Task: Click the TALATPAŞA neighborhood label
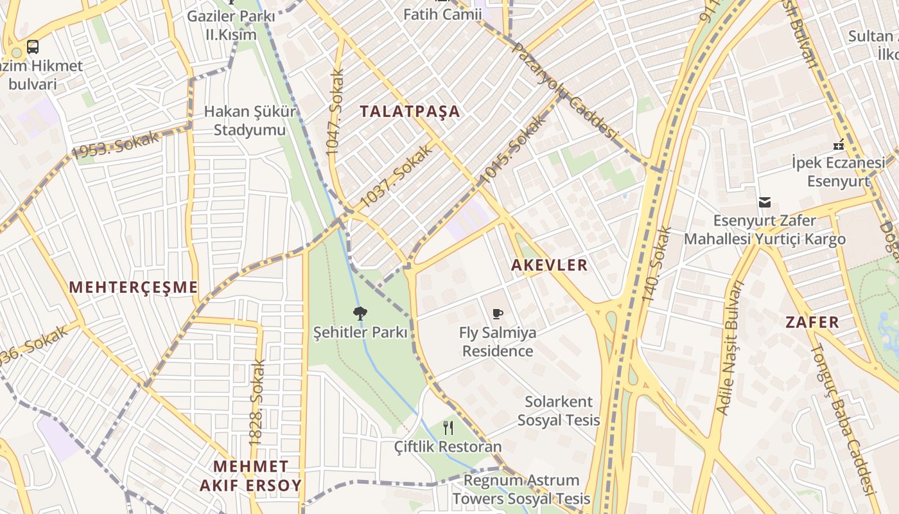410,111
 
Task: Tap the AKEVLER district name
549,265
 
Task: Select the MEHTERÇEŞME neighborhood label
134,287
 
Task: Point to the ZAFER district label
812,323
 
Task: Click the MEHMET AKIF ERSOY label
250,475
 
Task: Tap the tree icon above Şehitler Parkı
360,314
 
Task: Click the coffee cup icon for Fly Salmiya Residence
498,314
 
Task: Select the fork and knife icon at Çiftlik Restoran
448,427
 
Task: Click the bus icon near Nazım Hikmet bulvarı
33,47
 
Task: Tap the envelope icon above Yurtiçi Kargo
764,202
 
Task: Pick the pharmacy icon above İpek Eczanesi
838,145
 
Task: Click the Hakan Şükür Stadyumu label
250,121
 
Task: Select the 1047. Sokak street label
335,112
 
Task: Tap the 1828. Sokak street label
257,403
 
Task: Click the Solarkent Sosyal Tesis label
559,411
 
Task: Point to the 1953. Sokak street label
115,145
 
